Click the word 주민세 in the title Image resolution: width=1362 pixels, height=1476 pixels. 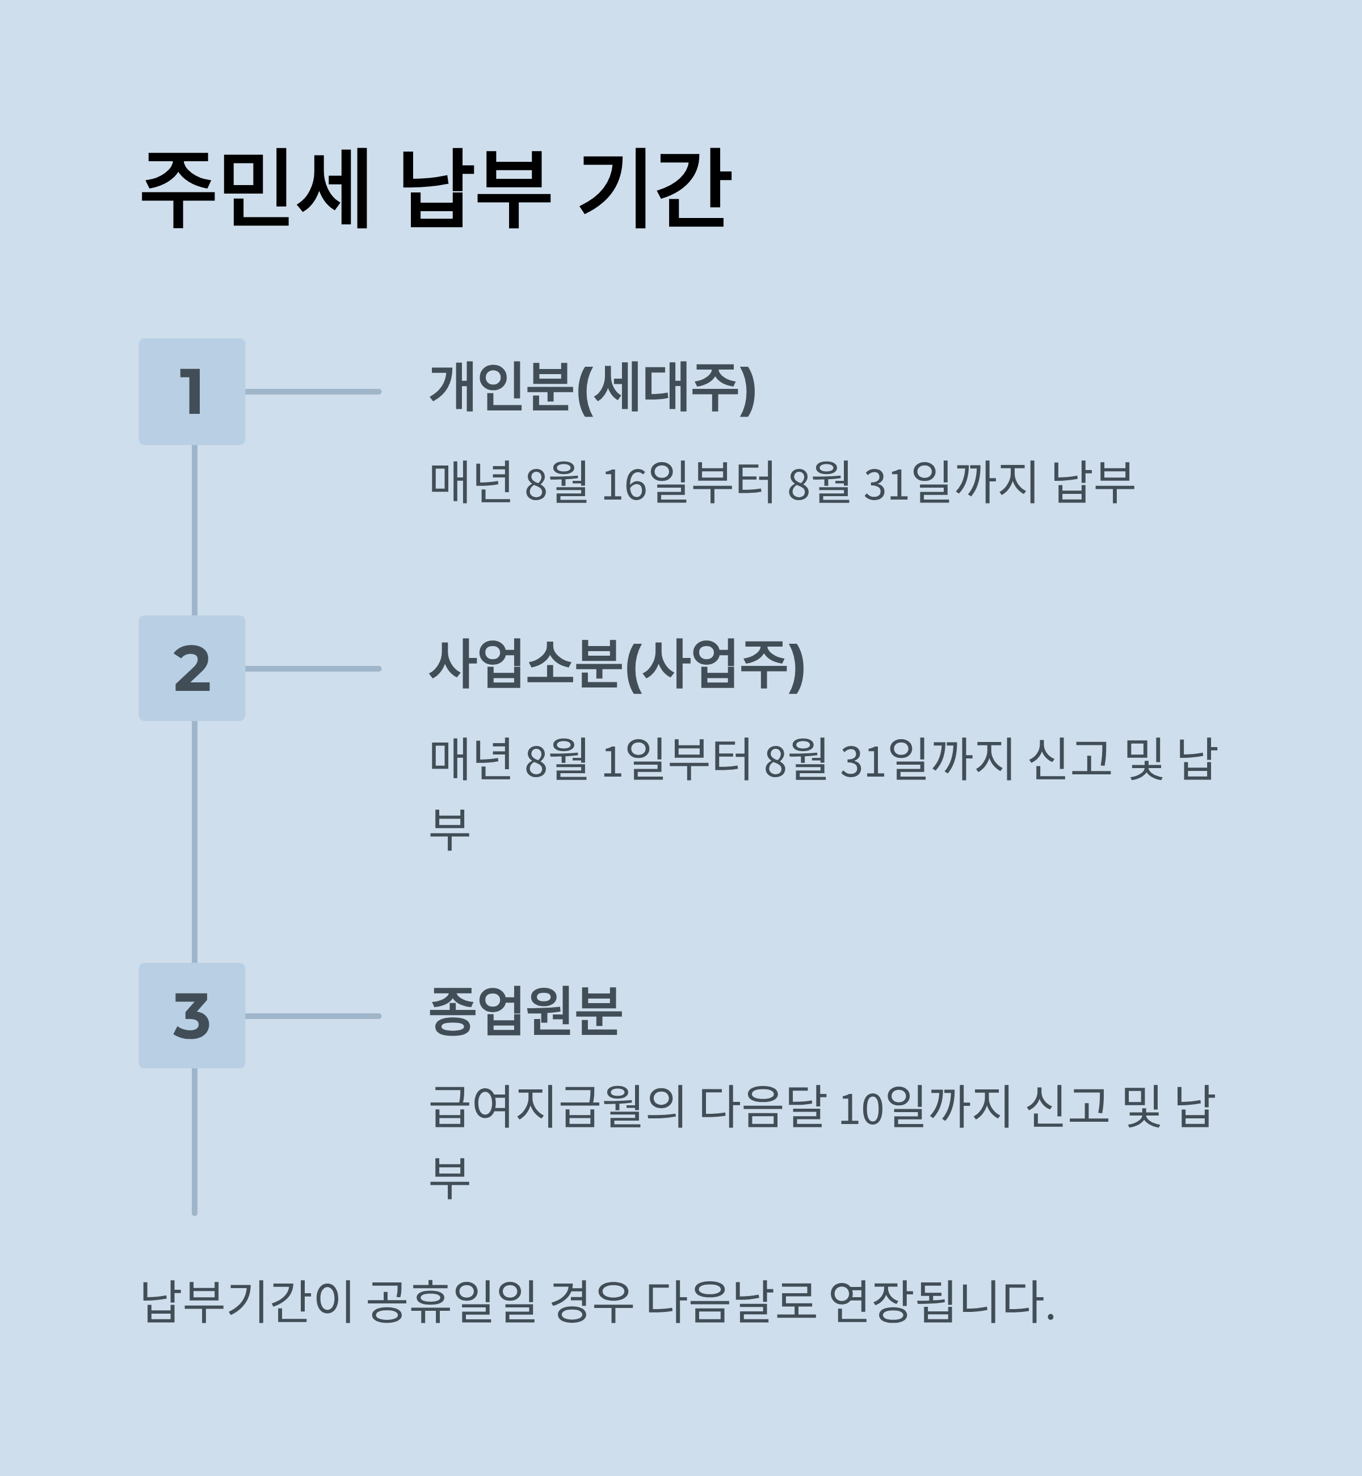point(254,190)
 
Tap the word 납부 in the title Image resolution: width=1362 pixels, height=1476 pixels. point(476,190)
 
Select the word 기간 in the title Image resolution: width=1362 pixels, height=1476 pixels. point(654,190)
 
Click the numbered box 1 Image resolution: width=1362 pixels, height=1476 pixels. point(192,392)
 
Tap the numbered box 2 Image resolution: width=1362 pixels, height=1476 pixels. point(192,668)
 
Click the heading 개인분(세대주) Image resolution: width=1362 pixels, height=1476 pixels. point(592,388)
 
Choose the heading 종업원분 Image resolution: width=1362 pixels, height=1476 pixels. point(526,1012)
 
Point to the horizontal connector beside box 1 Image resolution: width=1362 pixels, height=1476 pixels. point(313,392)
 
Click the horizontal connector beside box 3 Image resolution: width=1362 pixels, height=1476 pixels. point(313,1016)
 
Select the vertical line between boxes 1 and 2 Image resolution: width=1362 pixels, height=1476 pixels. point(195,529)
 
